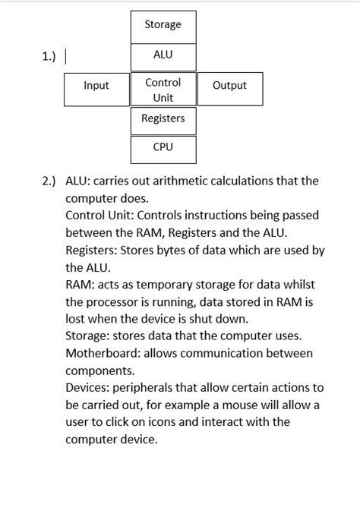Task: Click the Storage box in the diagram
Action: coord(163,26)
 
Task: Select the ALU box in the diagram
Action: coord(163,55)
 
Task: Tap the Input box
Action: coord(96,87)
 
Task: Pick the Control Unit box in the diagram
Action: coord(163,90)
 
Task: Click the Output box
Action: coord(229,87)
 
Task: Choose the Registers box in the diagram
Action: coord(163,119)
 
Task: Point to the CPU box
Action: coord(163,148)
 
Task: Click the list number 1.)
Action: coord(49,57)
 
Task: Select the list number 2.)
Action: coord(49,181)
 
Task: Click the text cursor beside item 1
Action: coord(67,57)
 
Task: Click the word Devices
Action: coord(87,388)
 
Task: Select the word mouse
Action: coord(229,405)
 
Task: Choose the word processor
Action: coord(114,302)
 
